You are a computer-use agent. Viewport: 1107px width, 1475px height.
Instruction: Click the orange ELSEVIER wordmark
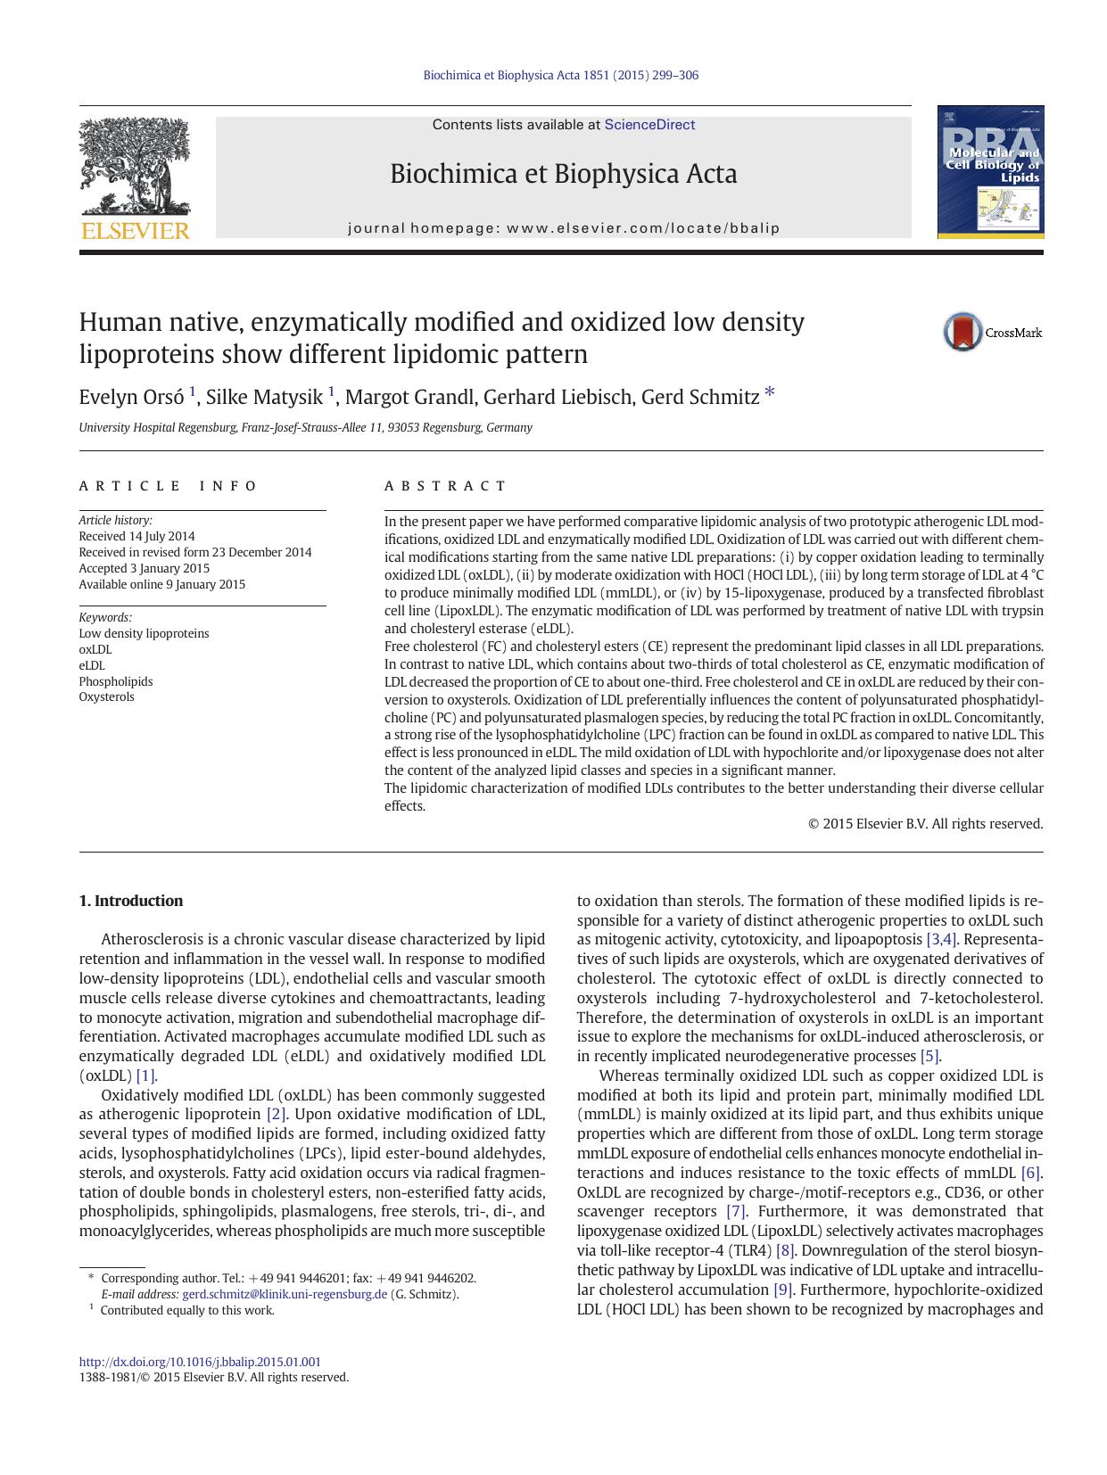[x=135, y=232]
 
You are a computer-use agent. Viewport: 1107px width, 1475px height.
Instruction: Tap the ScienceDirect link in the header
[x=649, y=125]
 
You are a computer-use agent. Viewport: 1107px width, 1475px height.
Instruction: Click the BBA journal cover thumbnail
[x=990, y=172]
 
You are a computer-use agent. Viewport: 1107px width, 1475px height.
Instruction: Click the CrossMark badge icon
[x=963, y=332]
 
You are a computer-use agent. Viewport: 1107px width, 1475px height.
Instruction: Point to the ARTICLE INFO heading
[x=168, y=486]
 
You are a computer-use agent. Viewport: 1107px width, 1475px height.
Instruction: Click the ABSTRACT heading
[x=445, y=486]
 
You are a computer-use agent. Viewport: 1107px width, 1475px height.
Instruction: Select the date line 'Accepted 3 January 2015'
[x=144, y=568]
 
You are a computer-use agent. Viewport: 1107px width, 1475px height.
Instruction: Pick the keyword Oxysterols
[x=106, y=696]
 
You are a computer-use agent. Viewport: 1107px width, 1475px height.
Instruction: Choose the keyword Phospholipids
[x=115, y=681]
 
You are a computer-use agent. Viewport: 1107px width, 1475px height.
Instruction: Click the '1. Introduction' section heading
[x=131, y=901]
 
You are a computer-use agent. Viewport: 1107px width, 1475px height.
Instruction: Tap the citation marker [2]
[x=277, y=1114]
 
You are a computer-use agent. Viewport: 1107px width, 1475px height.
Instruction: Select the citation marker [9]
[x=783, y=1290]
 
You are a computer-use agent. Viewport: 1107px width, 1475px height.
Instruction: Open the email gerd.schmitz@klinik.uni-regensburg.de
[x=285, y=1294]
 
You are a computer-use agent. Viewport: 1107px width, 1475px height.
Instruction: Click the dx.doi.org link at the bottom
[x=200, y=1362]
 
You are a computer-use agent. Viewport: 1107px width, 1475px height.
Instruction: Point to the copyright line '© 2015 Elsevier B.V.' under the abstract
[x=925, y=824]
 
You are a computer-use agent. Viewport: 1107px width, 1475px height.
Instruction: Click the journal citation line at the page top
[x=560, y=75]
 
